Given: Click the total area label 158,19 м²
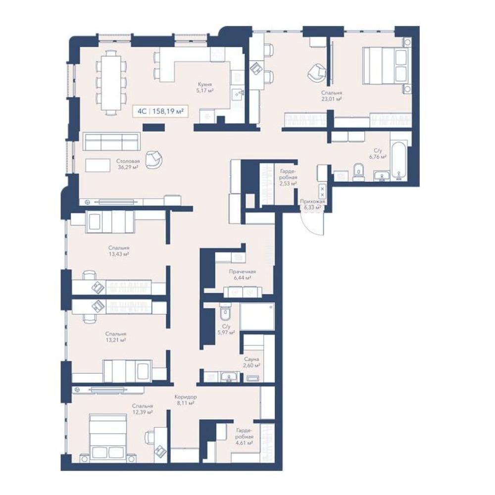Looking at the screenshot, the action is point(168,111).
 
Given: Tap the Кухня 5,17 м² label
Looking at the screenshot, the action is point(205,88).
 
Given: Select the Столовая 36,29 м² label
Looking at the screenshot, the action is point(128,164).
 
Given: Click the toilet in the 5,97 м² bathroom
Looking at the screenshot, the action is point(225,311).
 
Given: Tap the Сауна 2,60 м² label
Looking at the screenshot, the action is point(251,362).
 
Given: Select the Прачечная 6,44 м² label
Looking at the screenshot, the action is point(242,274).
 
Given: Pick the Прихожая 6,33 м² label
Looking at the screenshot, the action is point(312,204).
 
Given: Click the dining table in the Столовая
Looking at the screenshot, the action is point(110,83).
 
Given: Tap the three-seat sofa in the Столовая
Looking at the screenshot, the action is point(111,142).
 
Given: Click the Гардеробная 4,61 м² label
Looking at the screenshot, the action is point(245,437).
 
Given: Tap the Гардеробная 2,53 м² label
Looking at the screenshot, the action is point(288,177).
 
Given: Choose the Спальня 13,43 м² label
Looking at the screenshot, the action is point(119,251).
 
